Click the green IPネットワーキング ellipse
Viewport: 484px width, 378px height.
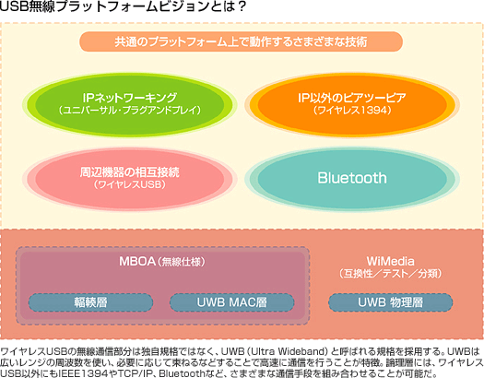point(130,104)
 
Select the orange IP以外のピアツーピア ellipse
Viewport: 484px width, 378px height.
point(352,104)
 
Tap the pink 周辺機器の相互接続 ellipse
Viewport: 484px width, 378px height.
point(130,179)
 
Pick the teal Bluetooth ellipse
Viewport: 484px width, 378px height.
point(352,179)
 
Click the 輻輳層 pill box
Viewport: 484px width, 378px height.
point(90,302)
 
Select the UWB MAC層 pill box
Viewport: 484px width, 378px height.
point(231,302)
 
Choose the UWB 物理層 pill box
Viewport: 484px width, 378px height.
point(391,302)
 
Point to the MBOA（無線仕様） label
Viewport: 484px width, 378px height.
point(162,262)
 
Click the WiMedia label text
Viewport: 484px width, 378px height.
point(391,261)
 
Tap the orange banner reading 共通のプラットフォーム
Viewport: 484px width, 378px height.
point(241,41)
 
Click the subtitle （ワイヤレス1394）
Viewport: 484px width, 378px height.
point(352,110)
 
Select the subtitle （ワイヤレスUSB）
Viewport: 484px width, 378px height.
point(130,184)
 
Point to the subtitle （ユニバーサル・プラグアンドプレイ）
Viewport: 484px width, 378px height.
point(130,110)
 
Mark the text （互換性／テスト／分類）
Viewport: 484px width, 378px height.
point(391,274)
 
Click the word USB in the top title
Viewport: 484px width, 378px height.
point(14,6)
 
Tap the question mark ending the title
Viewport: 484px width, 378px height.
point(242,6)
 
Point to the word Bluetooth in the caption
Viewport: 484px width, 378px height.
point(183,373)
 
